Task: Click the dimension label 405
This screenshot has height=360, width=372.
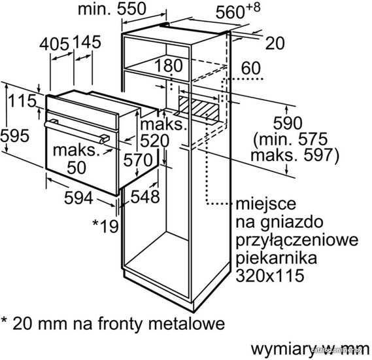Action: coord(54,44)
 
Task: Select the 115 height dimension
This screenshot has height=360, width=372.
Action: coord(22,101)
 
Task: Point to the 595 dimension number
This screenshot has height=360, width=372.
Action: coord(14,135)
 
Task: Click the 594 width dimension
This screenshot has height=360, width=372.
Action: coord(78,198)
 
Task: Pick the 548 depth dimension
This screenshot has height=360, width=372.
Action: coord(145,196)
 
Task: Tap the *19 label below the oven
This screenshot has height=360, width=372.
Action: coord(105,226)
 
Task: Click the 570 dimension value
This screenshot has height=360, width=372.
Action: coord(138,160)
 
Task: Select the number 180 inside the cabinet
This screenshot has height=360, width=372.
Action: coord(169,65)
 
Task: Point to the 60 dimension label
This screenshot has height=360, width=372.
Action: coord(251,68)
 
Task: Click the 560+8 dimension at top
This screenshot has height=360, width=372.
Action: coord(238,10)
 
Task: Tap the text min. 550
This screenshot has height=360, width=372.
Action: coord(112,9)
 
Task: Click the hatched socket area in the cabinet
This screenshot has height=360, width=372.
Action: coord(199,107)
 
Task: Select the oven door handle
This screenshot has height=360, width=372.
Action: coord(76,132)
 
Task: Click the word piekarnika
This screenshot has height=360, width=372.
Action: coord(277,257)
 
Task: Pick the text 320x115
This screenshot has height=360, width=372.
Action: coord(270,275)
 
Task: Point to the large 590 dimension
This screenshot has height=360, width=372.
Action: coord(288,122)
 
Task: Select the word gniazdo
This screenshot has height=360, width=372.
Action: coord(292,223)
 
